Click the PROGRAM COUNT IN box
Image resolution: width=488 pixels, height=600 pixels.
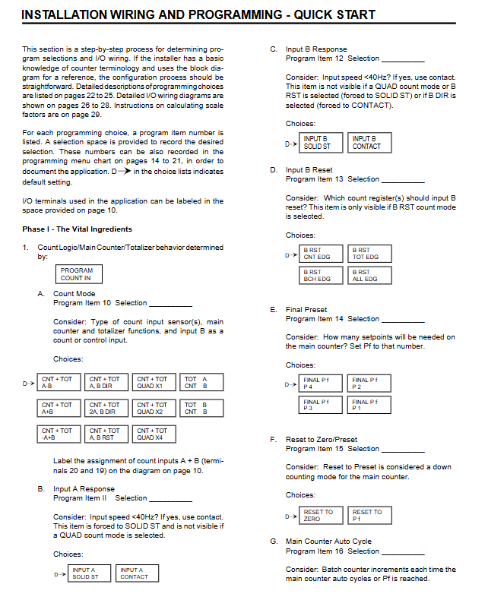click(x=77, y=274)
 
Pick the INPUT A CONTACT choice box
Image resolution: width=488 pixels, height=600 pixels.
click(x=137, y=573)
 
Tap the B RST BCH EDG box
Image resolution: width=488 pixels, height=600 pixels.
click(x=322, y=275)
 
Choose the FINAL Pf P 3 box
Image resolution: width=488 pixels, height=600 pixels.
click(x=322, y=405)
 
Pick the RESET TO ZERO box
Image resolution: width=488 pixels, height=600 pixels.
click(x=322, y=515)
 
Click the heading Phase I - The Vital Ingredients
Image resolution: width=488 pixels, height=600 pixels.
click(x=78, y=229)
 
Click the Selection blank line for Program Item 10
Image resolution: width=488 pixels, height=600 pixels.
click(x=171, y=303)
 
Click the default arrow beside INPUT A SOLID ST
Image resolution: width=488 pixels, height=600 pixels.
click(x=58, y=573)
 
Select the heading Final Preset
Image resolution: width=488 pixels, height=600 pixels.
click(x=306, y=310)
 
